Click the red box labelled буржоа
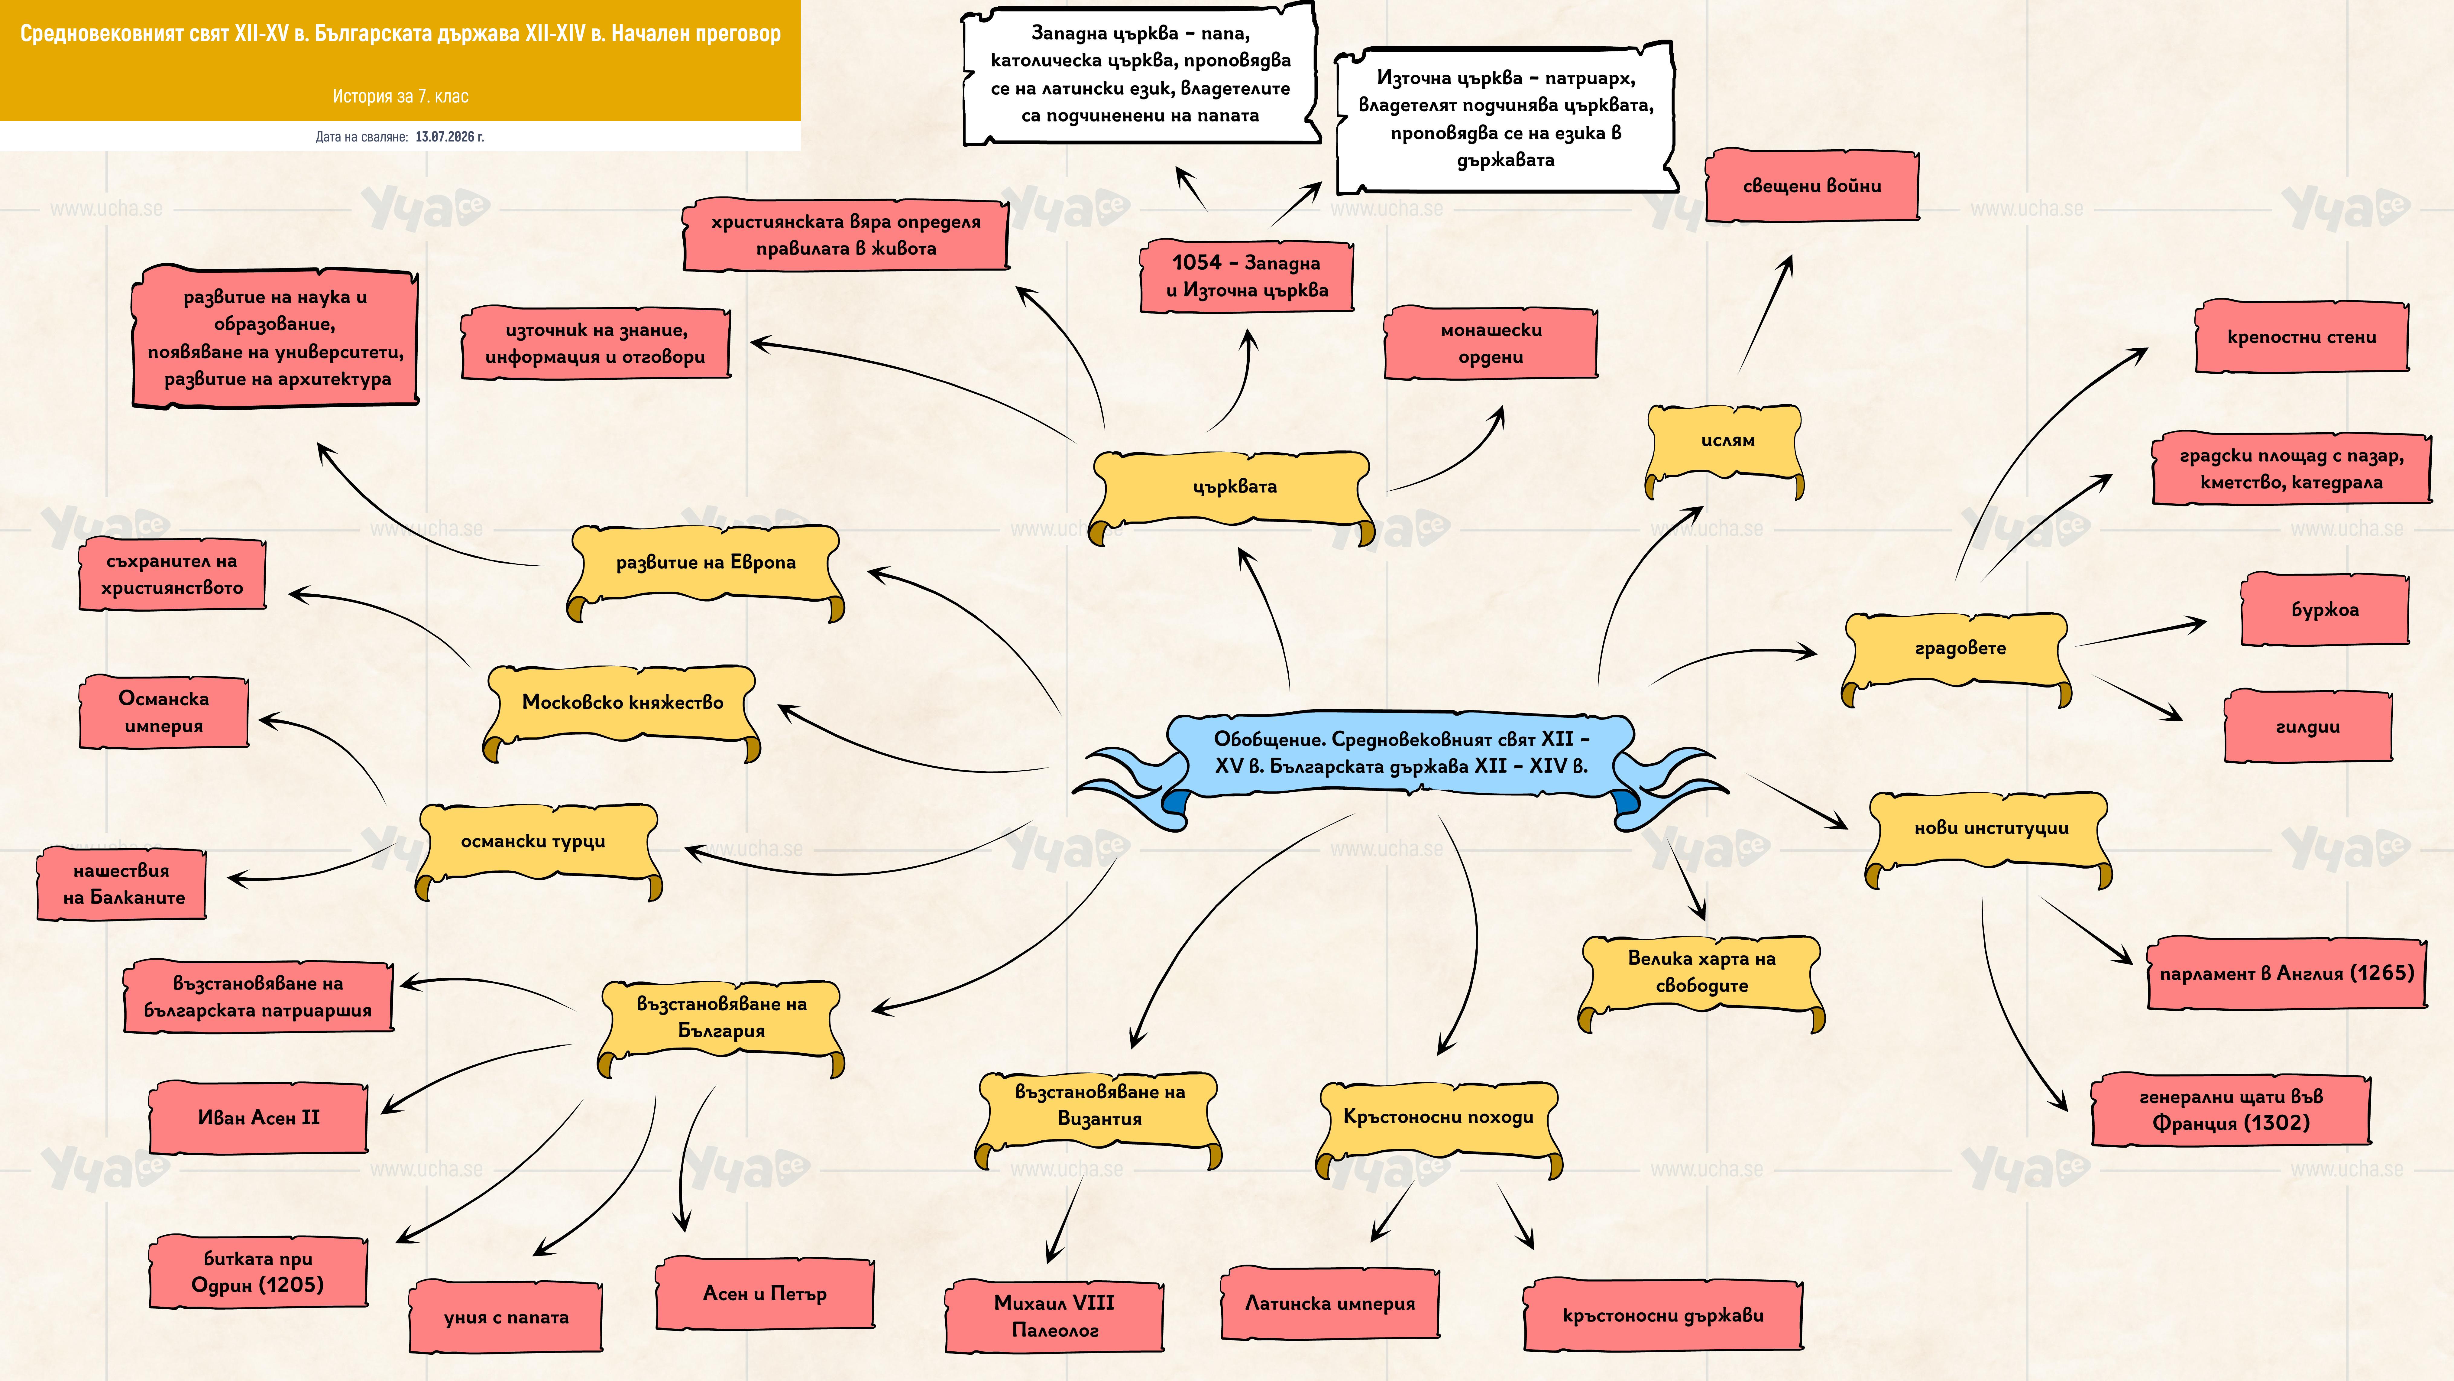pyautogui.click(x=2324, y=610)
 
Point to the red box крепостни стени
pyautogui.click(x=2302, y=336)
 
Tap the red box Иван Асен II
pyautogui.click(x=258, y=1117)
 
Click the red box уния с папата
pyautogui.click(x=506, y=1317)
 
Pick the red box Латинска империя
pyautogui.click(x=1330, y=1303)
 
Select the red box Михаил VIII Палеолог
pyautogui.click(x=1054, y=1316)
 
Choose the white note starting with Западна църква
pyautogui.click(x=1140, y=74)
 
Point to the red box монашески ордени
pyautogui.click(x=1491, y=343)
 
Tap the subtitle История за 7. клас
pyautogui.click(x=400, y=96)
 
